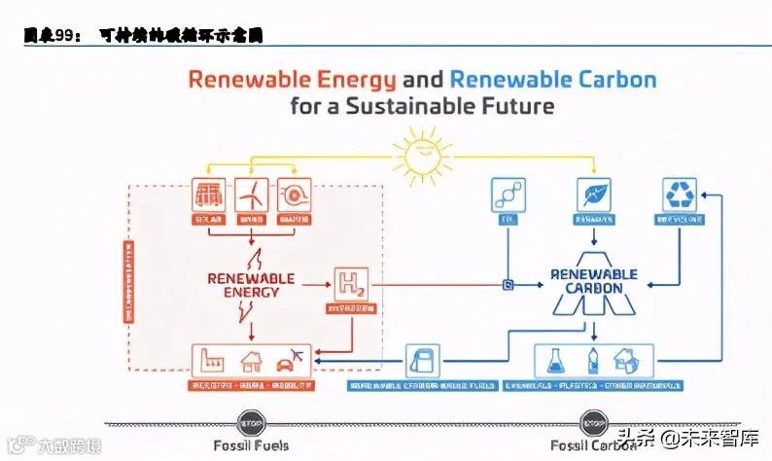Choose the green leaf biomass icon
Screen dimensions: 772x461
592,195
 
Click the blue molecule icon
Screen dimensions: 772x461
507,195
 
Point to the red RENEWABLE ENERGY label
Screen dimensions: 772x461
251,284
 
